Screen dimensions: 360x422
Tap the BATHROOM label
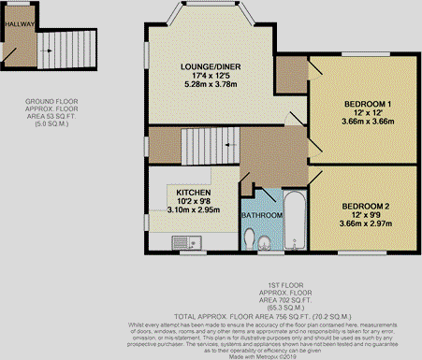[x=262, y=215]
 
